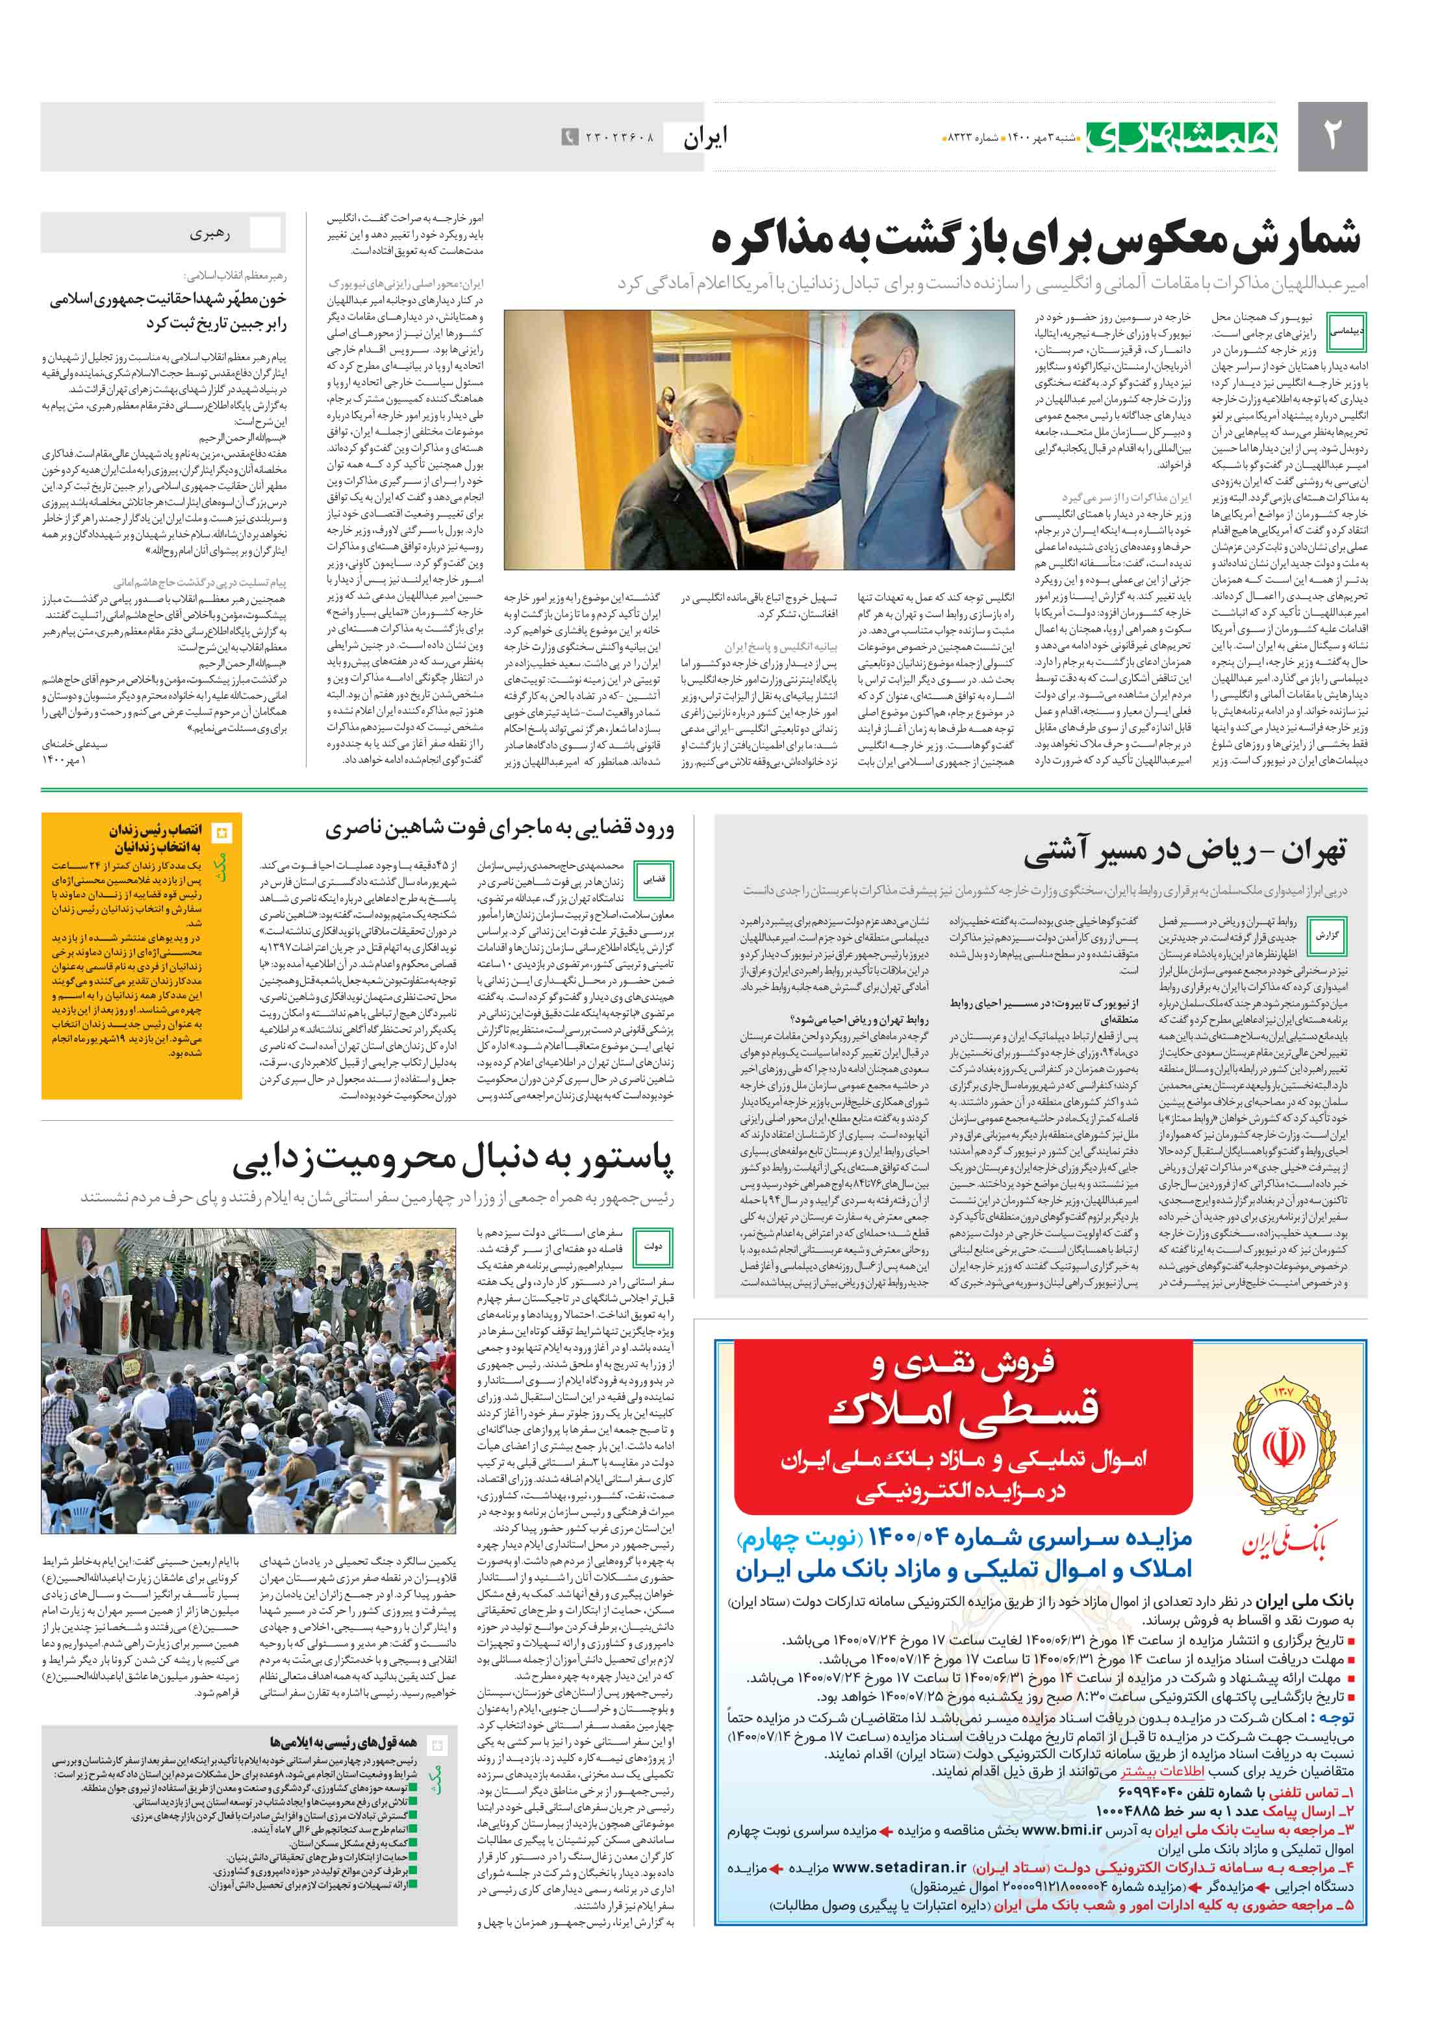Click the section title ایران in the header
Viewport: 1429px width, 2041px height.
pos(704,137)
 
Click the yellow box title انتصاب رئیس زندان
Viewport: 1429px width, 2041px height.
pos(156,829)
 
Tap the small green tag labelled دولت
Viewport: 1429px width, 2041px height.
pos(653,1246)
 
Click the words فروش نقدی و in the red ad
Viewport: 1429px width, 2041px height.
pos(964,1364)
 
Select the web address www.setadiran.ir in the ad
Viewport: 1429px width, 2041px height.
pos(899,1867)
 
